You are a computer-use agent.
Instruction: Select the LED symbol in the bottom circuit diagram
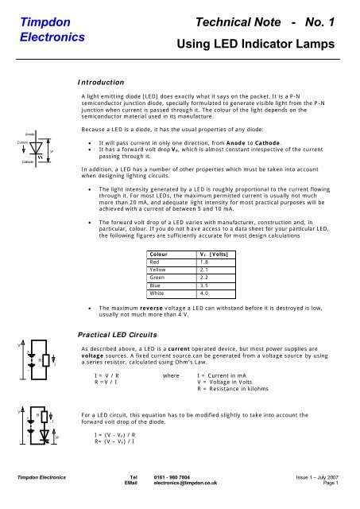click(x=45, y=436)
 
